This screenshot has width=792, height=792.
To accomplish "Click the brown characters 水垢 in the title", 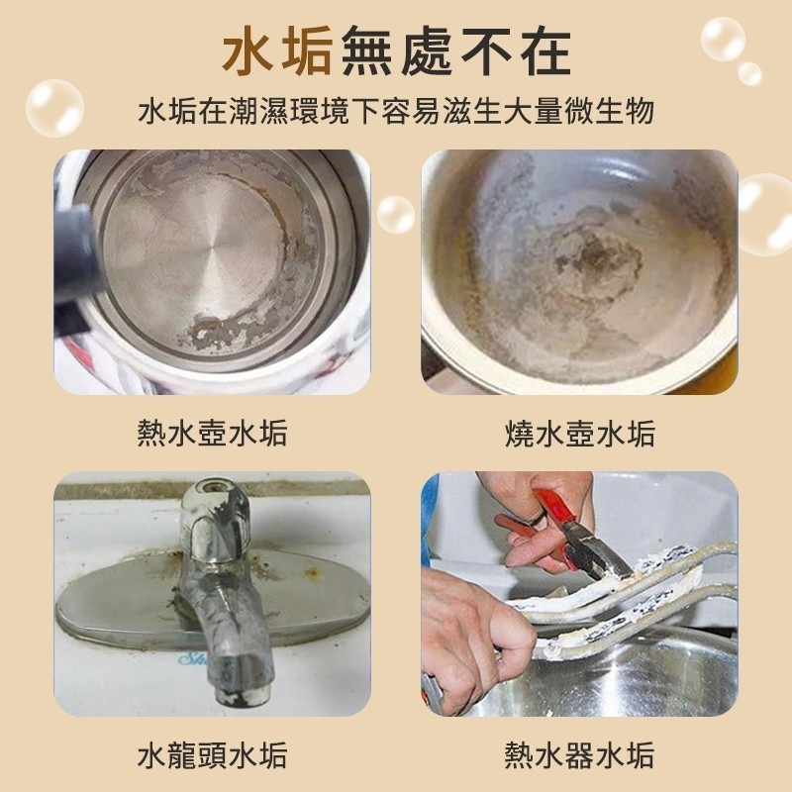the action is [277, 50].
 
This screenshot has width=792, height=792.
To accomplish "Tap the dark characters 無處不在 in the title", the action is [456, 51].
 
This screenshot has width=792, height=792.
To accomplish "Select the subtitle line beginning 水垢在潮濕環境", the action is [396, 112].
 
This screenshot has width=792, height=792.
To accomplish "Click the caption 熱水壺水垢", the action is [212, 433].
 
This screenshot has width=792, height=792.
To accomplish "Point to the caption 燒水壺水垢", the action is [580, 433].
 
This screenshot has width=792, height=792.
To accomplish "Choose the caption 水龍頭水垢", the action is [212, 755].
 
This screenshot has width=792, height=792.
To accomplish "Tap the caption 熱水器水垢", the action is [580, 755].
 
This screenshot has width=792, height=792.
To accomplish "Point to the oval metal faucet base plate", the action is [212, 600].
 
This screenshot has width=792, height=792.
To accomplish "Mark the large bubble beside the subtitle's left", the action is [54, 108].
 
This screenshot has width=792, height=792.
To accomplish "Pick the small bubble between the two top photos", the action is [395, 214].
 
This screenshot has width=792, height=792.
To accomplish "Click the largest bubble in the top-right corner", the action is [723, 40].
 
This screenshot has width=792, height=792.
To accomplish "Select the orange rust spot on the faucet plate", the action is [312, 572].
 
